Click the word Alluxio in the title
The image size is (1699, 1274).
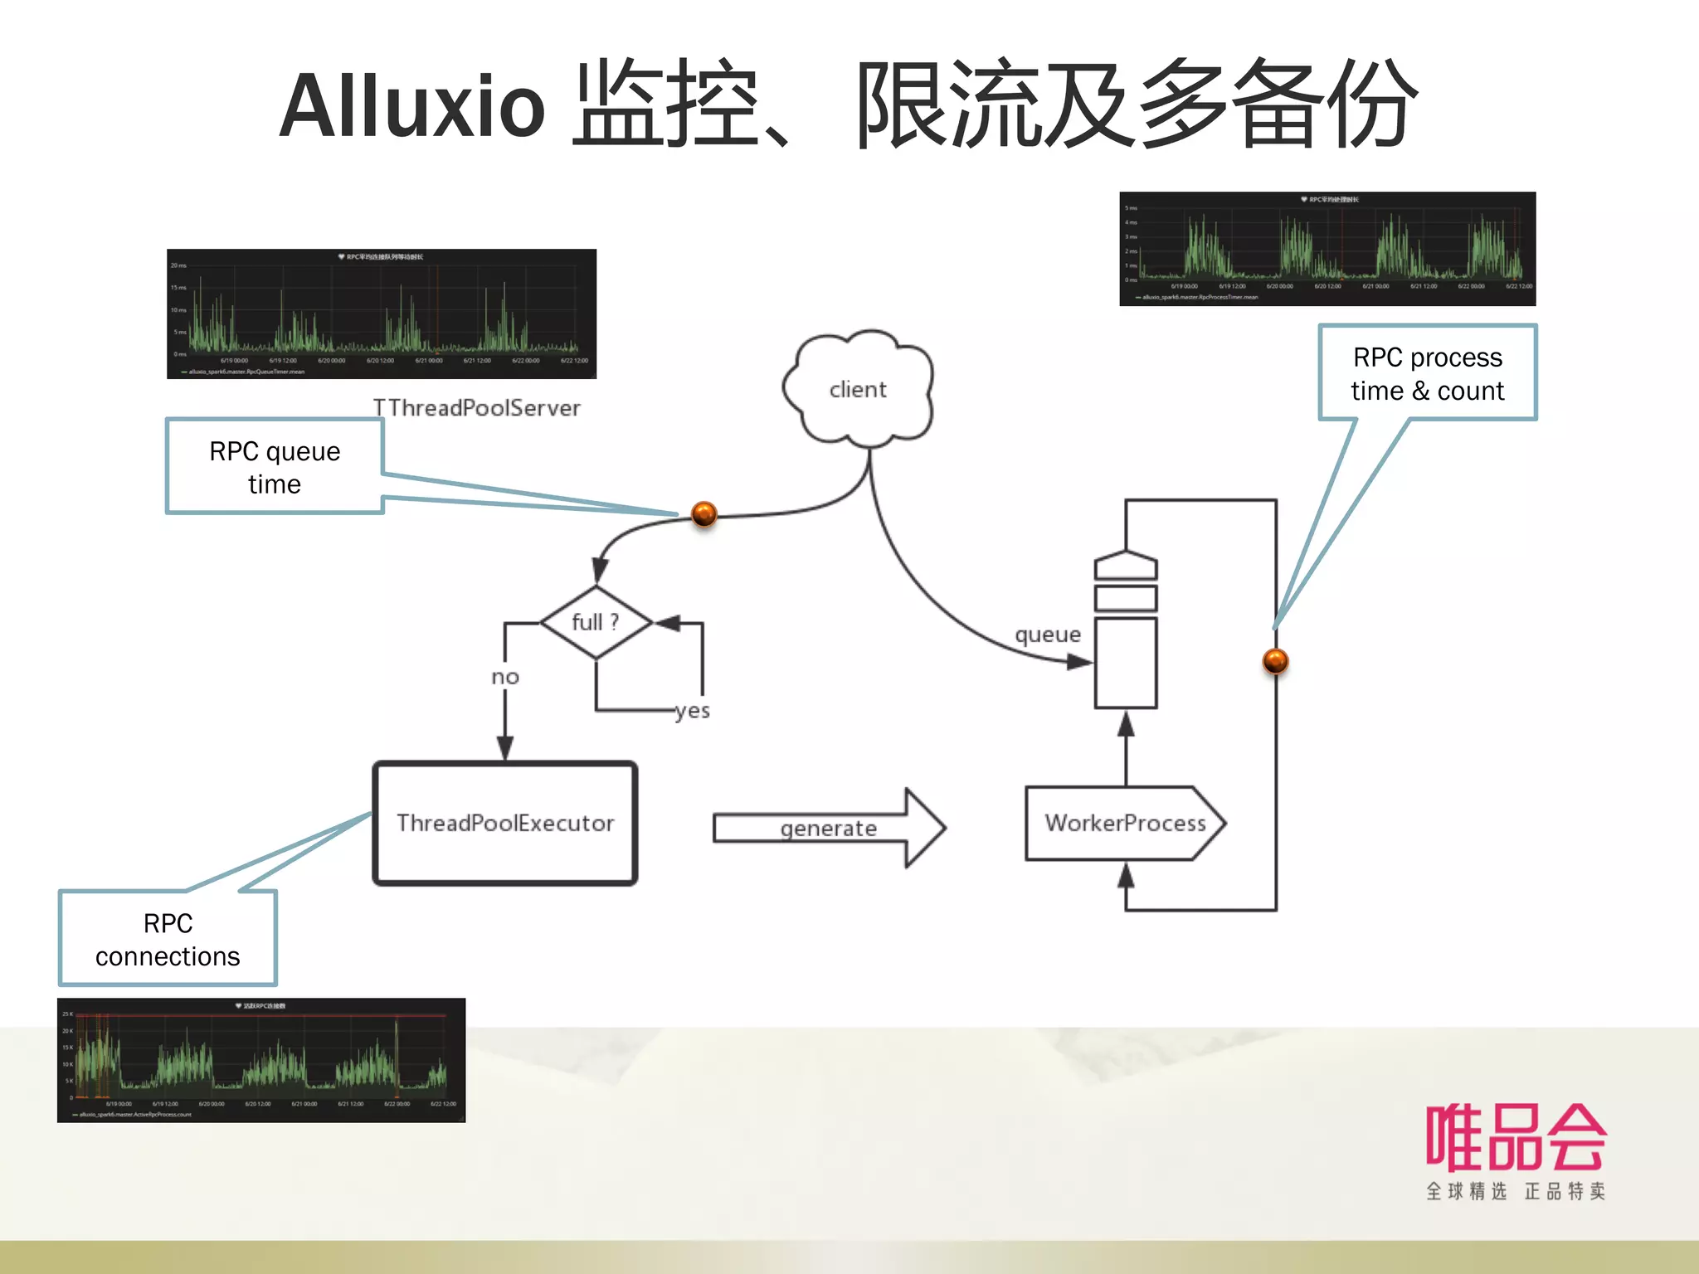(412, 106)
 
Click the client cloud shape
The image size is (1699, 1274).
(858, 389)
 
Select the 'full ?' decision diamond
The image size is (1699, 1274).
(596, 622)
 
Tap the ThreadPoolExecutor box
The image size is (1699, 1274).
(504, 823)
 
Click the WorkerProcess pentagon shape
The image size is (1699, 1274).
(1124, 823)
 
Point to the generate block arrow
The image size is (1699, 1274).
(829, 828)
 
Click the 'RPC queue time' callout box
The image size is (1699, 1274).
(275, 467)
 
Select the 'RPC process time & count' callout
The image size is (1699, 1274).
(1427, 373)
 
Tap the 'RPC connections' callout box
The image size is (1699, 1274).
(168, 939)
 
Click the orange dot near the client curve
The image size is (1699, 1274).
(703, 514)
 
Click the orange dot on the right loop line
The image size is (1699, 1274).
(1275, 661)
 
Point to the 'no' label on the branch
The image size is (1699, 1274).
(505, 677)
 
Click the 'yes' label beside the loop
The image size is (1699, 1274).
(692, 711)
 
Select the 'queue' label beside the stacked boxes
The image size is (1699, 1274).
(1048, 635)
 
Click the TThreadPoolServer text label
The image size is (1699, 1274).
(476, 408)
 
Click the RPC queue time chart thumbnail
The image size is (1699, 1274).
(382, 314)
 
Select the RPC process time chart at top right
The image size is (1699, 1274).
(1327, 249)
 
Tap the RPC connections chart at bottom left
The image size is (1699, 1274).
(261, 1060)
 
